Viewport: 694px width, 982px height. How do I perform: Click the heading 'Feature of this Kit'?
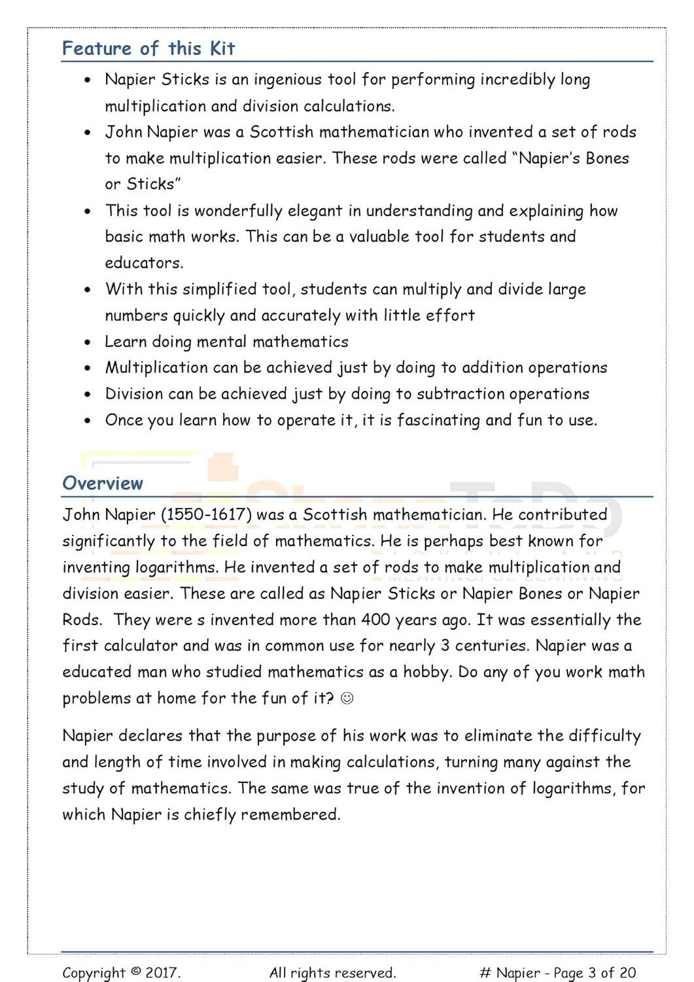coord(148,48)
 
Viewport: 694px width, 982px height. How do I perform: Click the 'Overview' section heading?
coord(103,483)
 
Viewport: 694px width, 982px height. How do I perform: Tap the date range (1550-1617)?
coord(206,515)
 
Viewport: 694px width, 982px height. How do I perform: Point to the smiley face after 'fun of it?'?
coord(347,699)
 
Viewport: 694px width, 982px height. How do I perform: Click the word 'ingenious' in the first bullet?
coord(288,80)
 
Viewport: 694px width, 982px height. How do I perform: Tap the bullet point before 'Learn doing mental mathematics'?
coord(88,342)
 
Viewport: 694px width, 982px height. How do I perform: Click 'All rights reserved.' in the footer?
coord(332,973)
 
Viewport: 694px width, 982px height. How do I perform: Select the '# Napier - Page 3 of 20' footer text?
coord(557,973)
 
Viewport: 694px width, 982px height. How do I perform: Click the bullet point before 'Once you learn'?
coord(88,421)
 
